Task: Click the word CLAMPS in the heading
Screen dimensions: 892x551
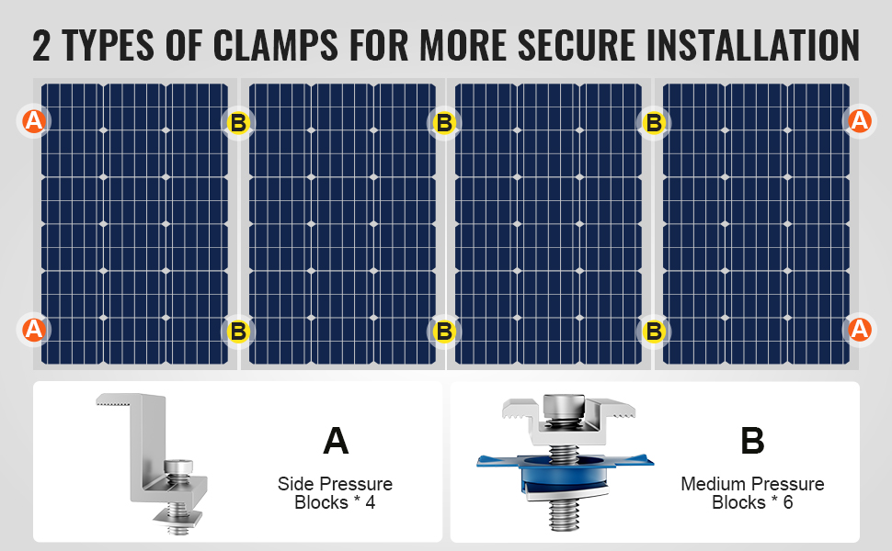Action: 275,44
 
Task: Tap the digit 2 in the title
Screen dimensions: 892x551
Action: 41,45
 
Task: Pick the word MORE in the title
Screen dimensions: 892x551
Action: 462,44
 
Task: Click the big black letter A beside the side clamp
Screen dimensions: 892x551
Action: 336,441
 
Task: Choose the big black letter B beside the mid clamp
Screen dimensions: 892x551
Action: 752,441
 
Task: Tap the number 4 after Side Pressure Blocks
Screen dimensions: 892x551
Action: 371,502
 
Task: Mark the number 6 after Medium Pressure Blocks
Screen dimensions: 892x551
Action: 788,502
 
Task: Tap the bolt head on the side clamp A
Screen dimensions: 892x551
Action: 178,467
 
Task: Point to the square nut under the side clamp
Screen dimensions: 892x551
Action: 178,516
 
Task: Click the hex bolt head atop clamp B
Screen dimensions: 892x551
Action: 564,407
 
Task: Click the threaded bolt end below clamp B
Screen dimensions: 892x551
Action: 564,514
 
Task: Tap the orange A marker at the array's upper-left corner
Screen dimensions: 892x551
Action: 33,121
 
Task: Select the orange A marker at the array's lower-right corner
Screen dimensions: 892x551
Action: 860,330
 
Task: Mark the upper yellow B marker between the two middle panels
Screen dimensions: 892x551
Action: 444,123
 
